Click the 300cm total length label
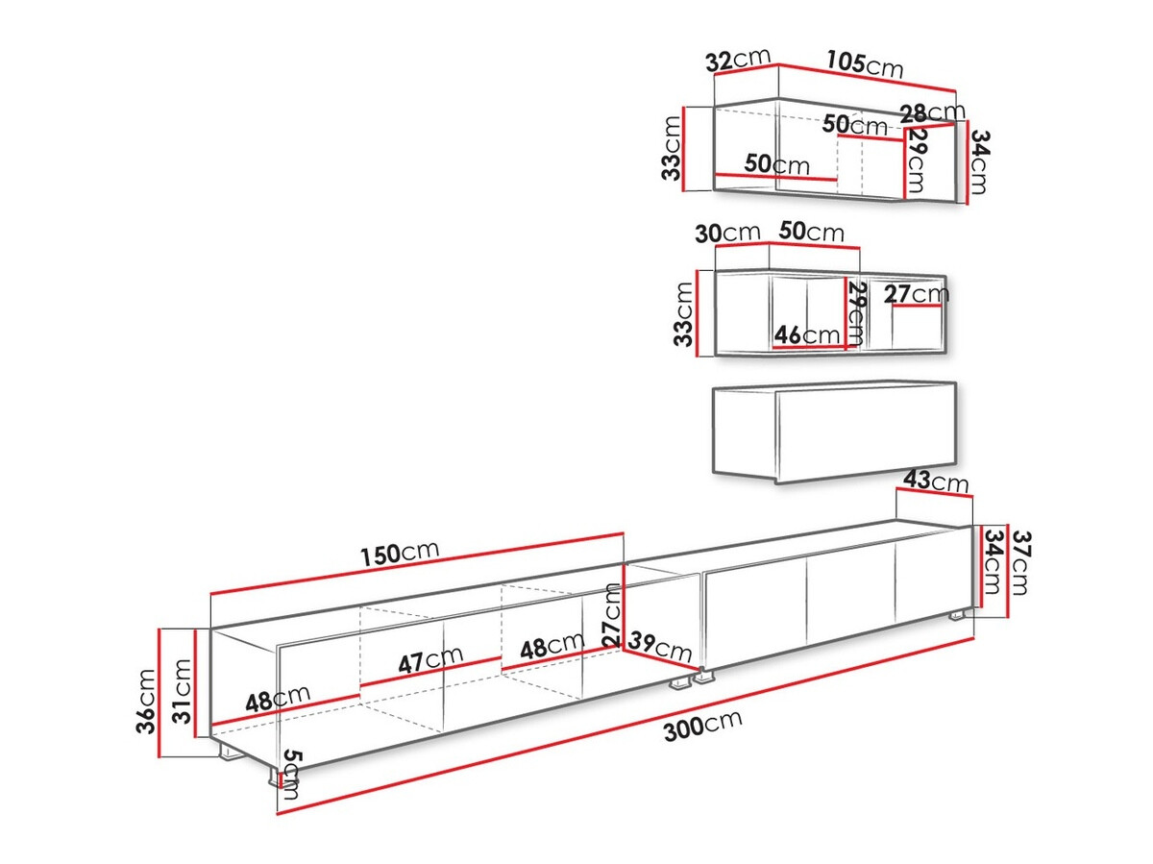702,726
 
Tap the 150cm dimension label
399,553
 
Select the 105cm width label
865,64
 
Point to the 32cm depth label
738,60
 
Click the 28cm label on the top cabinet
932,111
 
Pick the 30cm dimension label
727,233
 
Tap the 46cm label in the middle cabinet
807,334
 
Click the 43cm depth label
936,481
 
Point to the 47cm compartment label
430,659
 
